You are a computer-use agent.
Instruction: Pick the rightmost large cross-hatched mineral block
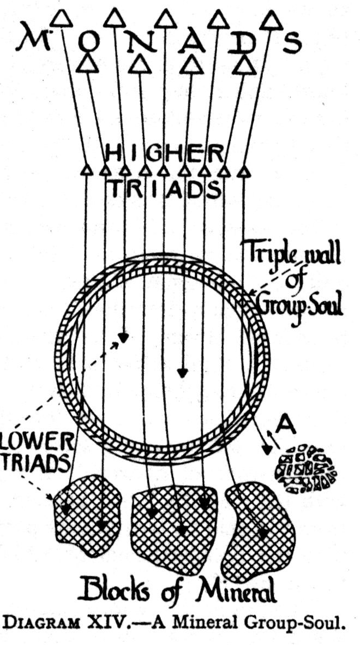[x=261, y=521]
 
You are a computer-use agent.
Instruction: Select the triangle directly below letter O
[x=85, y=64]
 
